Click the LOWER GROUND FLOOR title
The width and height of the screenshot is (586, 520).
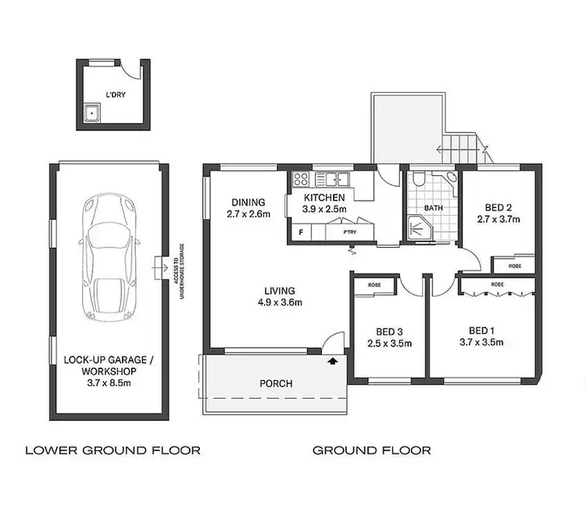[113, 450]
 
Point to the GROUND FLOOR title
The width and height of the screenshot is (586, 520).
[371, 450]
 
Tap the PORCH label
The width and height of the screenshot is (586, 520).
[277, 384]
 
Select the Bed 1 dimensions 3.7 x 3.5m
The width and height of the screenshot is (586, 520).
[481, 342]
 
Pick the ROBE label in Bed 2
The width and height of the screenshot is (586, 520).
[515, 266]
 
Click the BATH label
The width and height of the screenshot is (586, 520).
[434, 209]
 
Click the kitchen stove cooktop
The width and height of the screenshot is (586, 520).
[301, 181]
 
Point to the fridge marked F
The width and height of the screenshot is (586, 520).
[300, 232]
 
